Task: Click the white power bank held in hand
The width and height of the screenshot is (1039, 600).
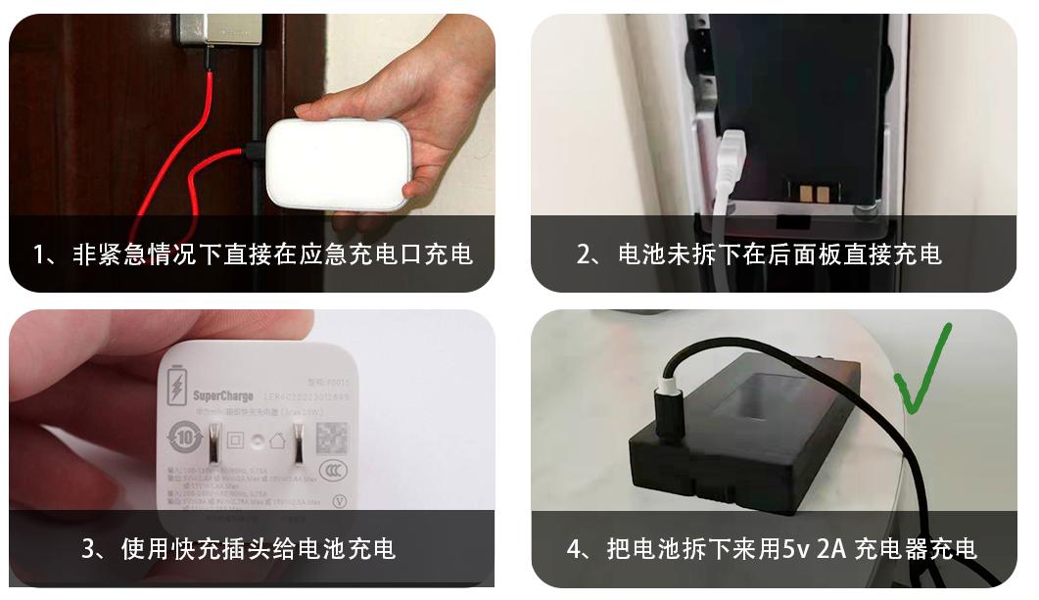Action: coord(338,163)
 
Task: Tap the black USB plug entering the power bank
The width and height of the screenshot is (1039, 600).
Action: coord(255,153)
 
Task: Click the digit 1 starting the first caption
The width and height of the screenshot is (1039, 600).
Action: coord(40,254)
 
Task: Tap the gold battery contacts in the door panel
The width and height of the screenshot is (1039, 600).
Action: coord(808,193)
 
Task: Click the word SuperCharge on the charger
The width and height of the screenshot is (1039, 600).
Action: coord(223,395)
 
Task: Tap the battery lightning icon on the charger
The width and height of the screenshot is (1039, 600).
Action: coord(177,387)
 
